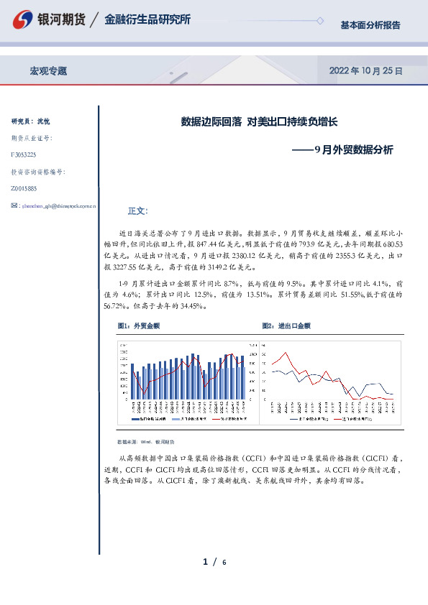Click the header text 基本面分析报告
pos(370,25)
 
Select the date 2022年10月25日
pos(365,71)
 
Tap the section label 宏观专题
pos(48,71)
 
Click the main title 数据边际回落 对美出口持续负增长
pos(259,122)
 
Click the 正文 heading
pos(137,211)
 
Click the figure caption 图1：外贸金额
pos(138,325)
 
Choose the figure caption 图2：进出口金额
pos(286,325)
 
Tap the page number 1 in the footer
pos(205,561)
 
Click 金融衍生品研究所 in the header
pos(147,20)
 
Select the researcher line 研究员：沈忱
pos(31,121)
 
